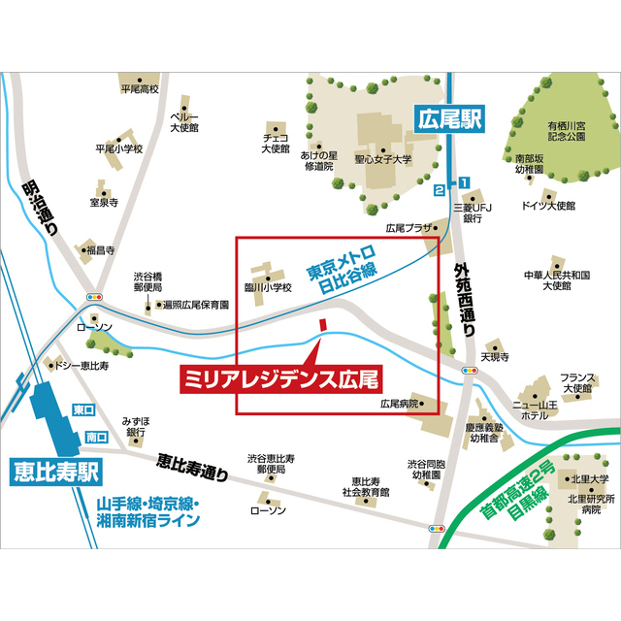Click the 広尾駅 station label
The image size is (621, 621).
click(x=447, y=121)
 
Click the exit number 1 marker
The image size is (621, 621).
click(x=464, y=181)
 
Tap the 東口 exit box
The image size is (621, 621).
click(x=84, y=410)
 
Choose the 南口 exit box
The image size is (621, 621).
click(x=96, y=438)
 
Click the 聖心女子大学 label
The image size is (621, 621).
click(x=382, y=159)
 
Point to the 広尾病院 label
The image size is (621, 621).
click(x=400, y=402)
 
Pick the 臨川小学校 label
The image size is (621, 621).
click(x=268, y=287)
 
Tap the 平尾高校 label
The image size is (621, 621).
click(x=139, y=89)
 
